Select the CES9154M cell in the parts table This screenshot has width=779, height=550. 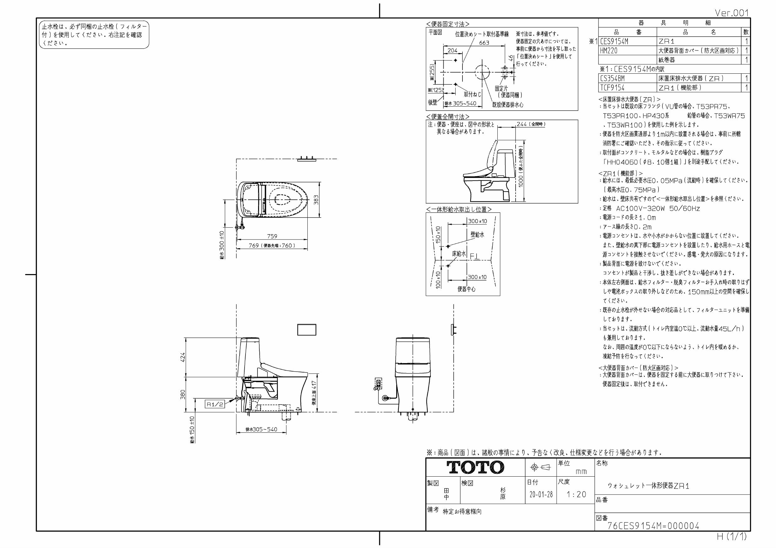click(x=614, y=41)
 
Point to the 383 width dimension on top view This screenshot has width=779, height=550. click(x=316, y=200)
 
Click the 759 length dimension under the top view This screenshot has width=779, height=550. click(x=272, y=236)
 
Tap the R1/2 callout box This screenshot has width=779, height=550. click(x=215, y=404)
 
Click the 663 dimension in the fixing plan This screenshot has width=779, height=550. click(x=484, y=43)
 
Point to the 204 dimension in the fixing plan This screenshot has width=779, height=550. click(x=452, y=50)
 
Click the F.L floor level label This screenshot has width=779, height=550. click(x=475, y=257)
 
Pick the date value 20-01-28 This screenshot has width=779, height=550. click(x=541, y=494)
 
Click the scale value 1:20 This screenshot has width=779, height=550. click(x=576, y=494)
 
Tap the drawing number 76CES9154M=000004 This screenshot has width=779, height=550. click(x=653, y=526)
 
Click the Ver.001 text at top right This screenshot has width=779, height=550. click(x=732, y=13)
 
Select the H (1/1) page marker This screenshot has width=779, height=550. click(x=732, y=537)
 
